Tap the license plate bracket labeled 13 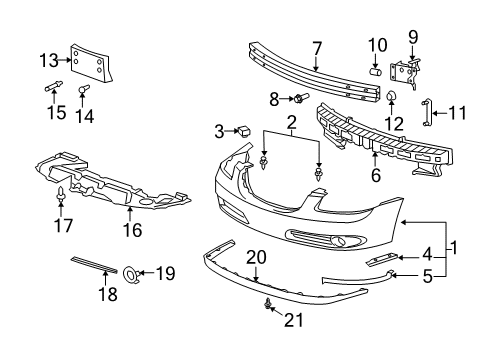click(94, 64)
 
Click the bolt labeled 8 click(297, 98)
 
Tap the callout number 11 click(457, 113)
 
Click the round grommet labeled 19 click(131, 272)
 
